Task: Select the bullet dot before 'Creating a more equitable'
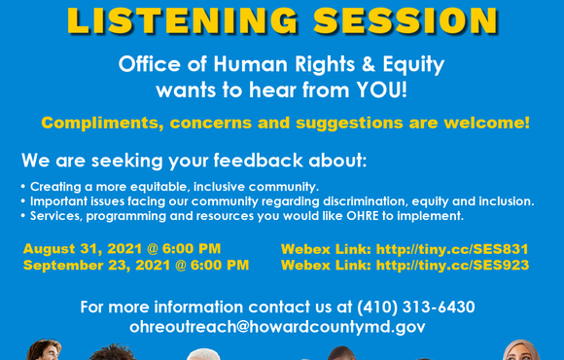click(23, 186)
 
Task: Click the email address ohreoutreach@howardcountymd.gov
click(277, 327)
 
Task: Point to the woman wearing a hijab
click(520, 351)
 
